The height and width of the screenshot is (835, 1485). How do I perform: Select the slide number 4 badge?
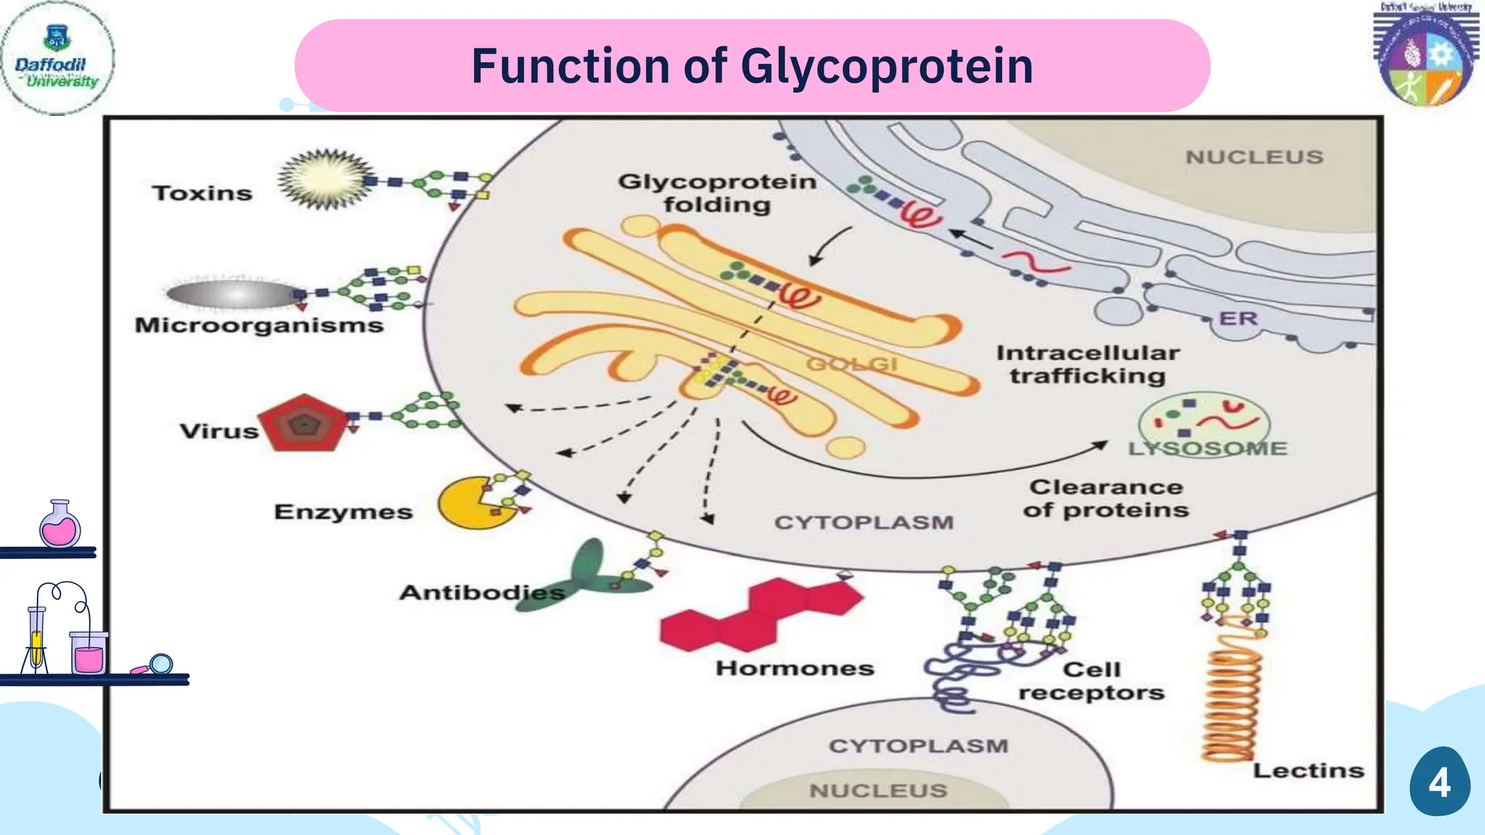tap(1439, 782)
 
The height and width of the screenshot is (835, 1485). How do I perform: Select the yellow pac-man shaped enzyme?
tap(468, 503)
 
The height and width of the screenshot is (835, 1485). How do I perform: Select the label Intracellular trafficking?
tap(1088, 365)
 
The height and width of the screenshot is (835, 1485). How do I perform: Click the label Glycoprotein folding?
tap(717, 193)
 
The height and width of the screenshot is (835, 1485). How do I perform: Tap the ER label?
tap(1238, 318)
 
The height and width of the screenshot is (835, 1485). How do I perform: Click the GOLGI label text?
tap(851, 363)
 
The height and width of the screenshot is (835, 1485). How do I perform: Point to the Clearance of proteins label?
tap(1106, 499)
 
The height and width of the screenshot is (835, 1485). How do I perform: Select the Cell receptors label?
tap(1091, 681)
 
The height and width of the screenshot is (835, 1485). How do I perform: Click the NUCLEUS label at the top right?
tap(1254, 157)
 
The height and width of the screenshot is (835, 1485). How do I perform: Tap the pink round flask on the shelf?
tap(60, 526)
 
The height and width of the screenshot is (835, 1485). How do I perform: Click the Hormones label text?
tap(795, 668)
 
